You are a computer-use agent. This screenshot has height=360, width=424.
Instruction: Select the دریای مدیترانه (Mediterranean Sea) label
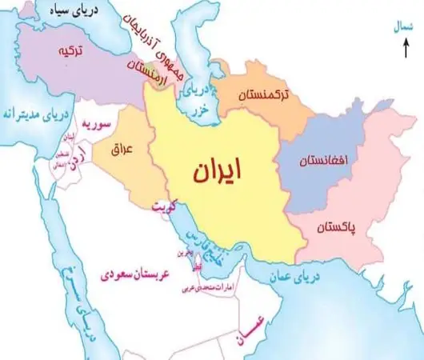click(30, 111)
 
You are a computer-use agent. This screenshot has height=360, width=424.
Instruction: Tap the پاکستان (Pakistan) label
click(340, 229)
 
